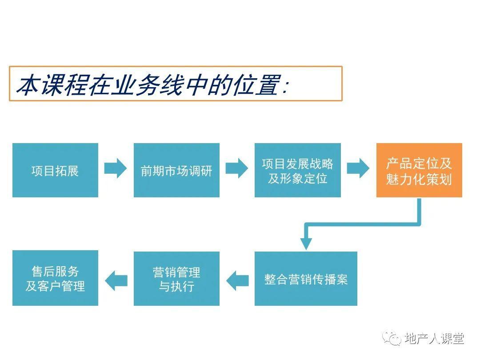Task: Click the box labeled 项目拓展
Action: click(55, 170)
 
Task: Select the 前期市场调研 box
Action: click(176, 170)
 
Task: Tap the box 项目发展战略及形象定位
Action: click(297, 170)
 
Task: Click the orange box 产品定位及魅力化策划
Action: click(419, 170)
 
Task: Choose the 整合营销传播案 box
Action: click(306, 279)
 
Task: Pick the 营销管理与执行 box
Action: click(176, 279)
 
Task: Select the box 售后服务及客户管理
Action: click(55, 278)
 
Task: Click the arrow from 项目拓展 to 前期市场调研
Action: click(116, 168)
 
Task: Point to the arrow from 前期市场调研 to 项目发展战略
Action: click(236, 168)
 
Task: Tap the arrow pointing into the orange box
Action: click(358, 168)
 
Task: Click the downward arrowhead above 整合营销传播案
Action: click(306, 244)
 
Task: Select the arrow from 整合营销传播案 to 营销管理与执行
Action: click(237, 281)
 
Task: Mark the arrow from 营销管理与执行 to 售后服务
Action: click(116, 281)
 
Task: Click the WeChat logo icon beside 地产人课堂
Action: click(391, 338)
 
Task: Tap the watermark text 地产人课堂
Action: click(434, 338)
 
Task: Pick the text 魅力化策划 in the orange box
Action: click(419, 179)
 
